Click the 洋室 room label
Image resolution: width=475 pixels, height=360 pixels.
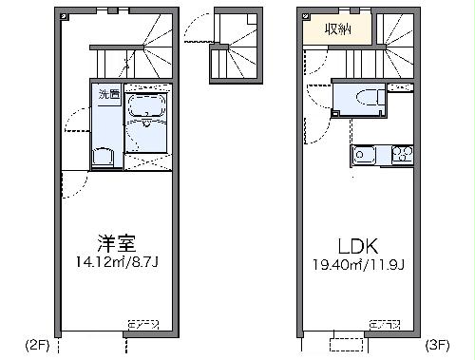click(x=117, y=242)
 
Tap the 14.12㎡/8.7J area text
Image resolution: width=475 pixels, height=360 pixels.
click(x=117, y=261)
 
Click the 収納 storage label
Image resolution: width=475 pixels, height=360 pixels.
click(x=337, y=28)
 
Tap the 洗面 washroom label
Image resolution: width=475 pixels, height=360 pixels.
click(x=108, y=93)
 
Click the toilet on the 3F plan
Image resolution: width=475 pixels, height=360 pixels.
click(x=367, y=100)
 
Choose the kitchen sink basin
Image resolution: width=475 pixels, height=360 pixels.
click(x=367, y=154)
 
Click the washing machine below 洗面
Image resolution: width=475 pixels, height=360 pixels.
click(x=104, y=157)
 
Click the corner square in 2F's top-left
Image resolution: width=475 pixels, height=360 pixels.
click(x=62, y=16)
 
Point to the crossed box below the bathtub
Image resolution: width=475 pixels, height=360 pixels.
click(x=147, y=161)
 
